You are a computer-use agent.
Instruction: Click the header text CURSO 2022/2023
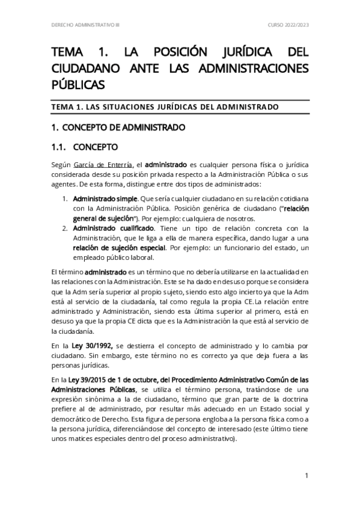[288, 25]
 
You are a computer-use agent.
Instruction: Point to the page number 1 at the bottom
[307, 476]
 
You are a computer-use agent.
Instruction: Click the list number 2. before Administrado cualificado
[65, 227]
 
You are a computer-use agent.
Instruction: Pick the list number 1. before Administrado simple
[65, 198]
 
